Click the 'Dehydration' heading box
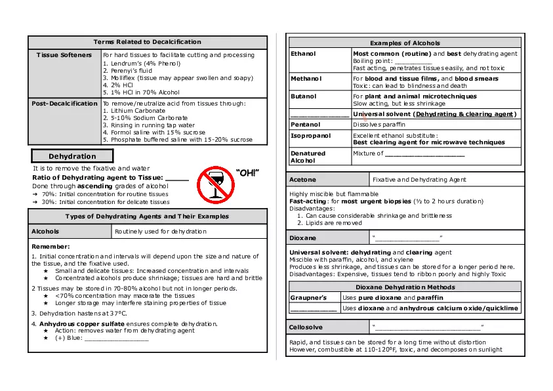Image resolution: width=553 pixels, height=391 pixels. click(72, 156)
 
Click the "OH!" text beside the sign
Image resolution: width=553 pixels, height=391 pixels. click(247, 173)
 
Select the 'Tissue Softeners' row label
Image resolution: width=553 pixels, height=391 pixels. click(64, 55)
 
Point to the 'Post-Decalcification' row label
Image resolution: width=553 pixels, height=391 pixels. click(64, 104)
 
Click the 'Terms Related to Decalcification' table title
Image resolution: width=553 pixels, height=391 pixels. click(148, 42)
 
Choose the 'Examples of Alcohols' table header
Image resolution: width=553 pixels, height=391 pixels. click(405, 43)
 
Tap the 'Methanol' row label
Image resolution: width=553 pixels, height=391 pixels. click(306, 79)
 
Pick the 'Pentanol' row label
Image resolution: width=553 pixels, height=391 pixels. click(305, 124)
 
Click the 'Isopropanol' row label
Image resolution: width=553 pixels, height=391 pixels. click(310, 136)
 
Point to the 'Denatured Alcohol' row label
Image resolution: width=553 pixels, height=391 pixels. click(308, 157)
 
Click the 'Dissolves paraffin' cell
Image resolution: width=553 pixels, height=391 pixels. click(379, 124)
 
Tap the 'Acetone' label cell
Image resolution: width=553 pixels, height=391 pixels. click(302, 179)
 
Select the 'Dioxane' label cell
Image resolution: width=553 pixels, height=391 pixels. click(302, 238)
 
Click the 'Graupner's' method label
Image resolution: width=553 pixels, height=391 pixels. click(308, 298)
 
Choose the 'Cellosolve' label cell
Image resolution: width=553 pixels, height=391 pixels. click(306, 327)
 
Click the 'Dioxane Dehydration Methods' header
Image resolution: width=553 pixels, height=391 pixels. click(405, 287)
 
